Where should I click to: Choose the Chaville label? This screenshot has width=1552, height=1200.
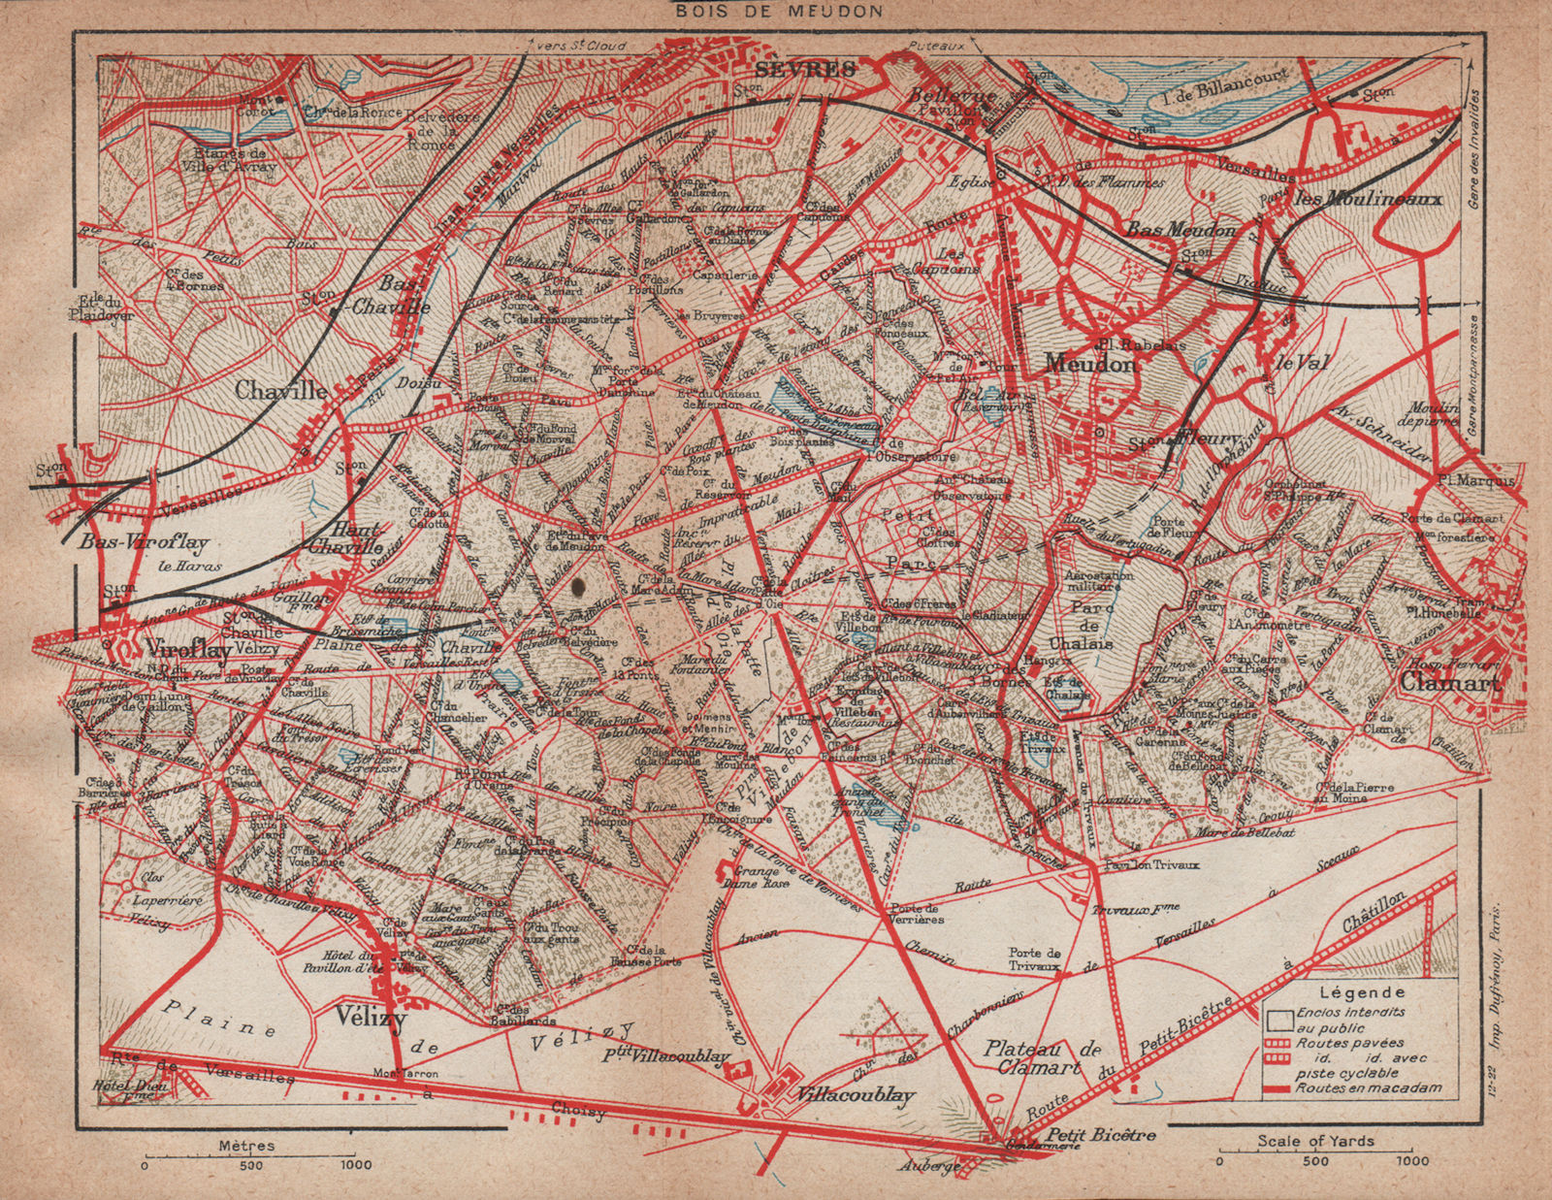click(282, 390)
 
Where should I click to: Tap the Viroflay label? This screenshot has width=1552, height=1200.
click(187, 650)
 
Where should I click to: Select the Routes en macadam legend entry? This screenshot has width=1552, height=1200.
click(1369, 1087)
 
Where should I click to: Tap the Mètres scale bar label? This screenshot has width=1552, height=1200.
click(247, 1145)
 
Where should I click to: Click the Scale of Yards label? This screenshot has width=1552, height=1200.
click(1315, 1141)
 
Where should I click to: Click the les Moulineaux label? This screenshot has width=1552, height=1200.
click(1369, 199)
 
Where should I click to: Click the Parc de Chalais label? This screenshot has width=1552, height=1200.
click(1093, 627)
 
